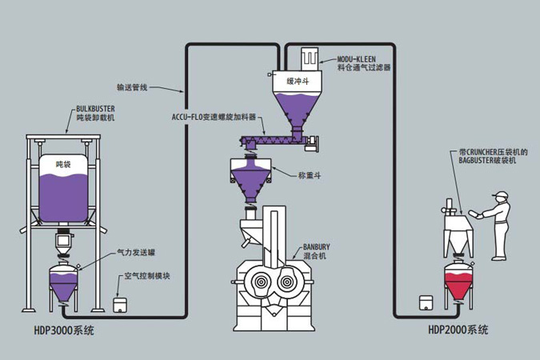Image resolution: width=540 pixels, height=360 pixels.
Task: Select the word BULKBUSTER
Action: coord(97,107)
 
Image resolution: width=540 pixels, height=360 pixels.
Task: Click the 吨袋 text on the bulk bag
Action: coord(64,163)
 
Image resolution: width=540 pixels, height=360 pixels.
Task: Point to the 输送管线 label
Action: coord(131,87)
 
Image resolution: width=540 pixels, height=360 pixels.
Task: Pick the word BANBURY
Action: coord(317,247)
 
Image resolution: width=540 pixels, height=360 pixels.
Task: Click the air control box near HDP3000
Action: coord(121,305)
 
